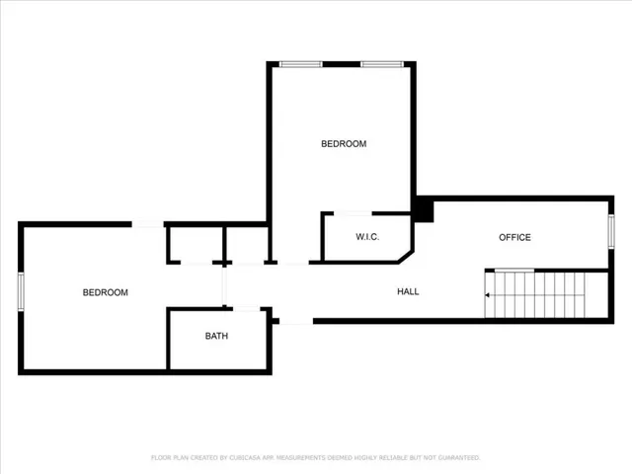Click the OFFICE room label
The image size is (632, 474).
coord(514,237)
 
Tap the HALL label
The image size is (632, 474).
coord(408,292)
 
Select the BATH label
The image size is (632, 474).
coord(216,337)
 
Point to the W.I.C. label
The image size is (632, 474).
coord(367,237)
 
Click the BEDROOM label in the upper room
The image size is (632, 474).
coord(343,144)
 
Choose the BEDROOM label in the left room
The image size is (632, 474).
coord(105,292)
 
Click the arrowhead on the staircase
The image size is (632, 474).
coord(488,294)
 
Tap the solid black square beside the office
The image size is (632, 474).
coord(424,210)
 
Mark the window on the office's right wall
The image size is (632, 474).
coord(611,232)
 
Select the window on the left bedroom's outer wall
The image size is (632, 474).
coord(21,292)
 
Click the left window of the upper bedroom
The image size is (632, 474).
coord(301,65)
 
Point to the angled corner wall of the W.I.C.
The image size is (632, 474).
coord(405,256)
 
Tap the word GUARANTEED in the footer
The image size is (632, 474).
coord(458,458)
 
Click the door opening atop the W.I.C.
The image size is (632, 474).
coord(353,213)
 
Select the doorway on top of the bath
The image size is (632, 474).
coord(246,310)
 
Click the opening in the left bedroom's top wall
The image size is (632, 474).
coord(148,225)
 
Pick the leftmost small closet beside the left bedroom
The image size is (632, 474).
coord(194,244)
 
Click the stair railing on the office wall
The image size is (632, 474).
coord(513,271)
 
